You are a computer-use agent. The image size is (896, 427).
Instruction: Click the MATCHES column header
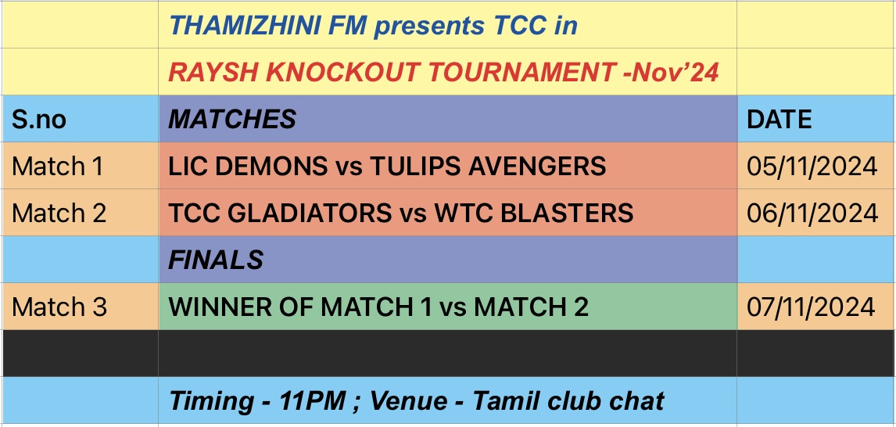pyautogui.click(x=232, y=120)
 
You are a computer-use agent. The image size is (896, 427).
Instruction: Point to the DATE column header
pyautogui.click(x=779, y=120)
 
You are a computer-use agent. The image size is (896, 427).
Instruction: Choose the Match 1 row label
pyautogui.click(x=57, y=167)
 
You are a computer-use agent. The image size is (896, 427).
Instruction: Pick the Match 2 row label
pyautogui.click(x=59, y=213)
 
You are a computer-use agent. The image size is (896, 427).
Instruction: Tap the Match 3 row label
pyautogui.click(x=59, y=307)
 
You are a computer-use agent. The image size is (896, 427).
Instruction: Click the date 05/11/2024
pyautogui.click(x=812, y=167)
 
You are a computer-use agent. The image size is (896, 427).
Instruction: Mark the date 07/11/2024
pyautogui.click(x=811, y=307)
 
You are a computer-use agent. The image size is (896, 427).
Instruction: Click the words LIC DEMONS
pyautogui.click(x=247, y=167)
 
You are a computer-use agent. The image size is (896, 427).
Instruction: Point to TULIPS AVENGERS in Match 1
pyautogui.click(x=488, y=167)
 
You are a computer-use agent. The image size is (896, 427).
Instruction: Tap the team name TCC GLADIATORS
pyautogui.click(x=280, y=213)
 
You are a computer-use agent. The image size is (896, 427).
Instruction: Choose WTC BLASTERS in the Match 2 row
pyautogui.click(x=534, y=213)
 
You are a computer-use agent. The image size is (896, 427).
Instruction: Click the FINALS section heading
pyautogui.click(x=216, y=260)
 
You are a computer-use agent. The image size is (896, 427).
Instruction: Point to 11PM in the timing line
pyautogui.click(x=311, y=400)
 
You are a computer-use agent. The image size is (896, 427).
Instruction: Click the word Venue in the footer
pyautogui.click(x=410, y=400)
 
